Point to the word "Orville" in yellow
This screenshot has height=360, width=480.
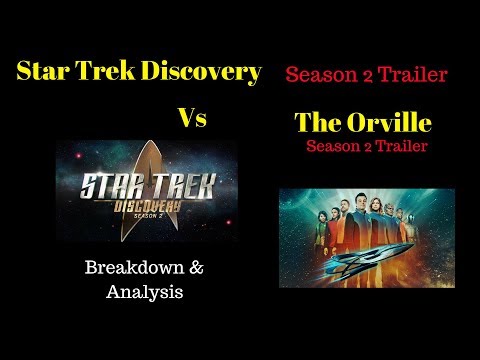pyautogui.click(x=387, y=124)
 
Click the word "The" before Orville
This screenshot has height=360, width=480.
pyautogui.click(x=317, y=124)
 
